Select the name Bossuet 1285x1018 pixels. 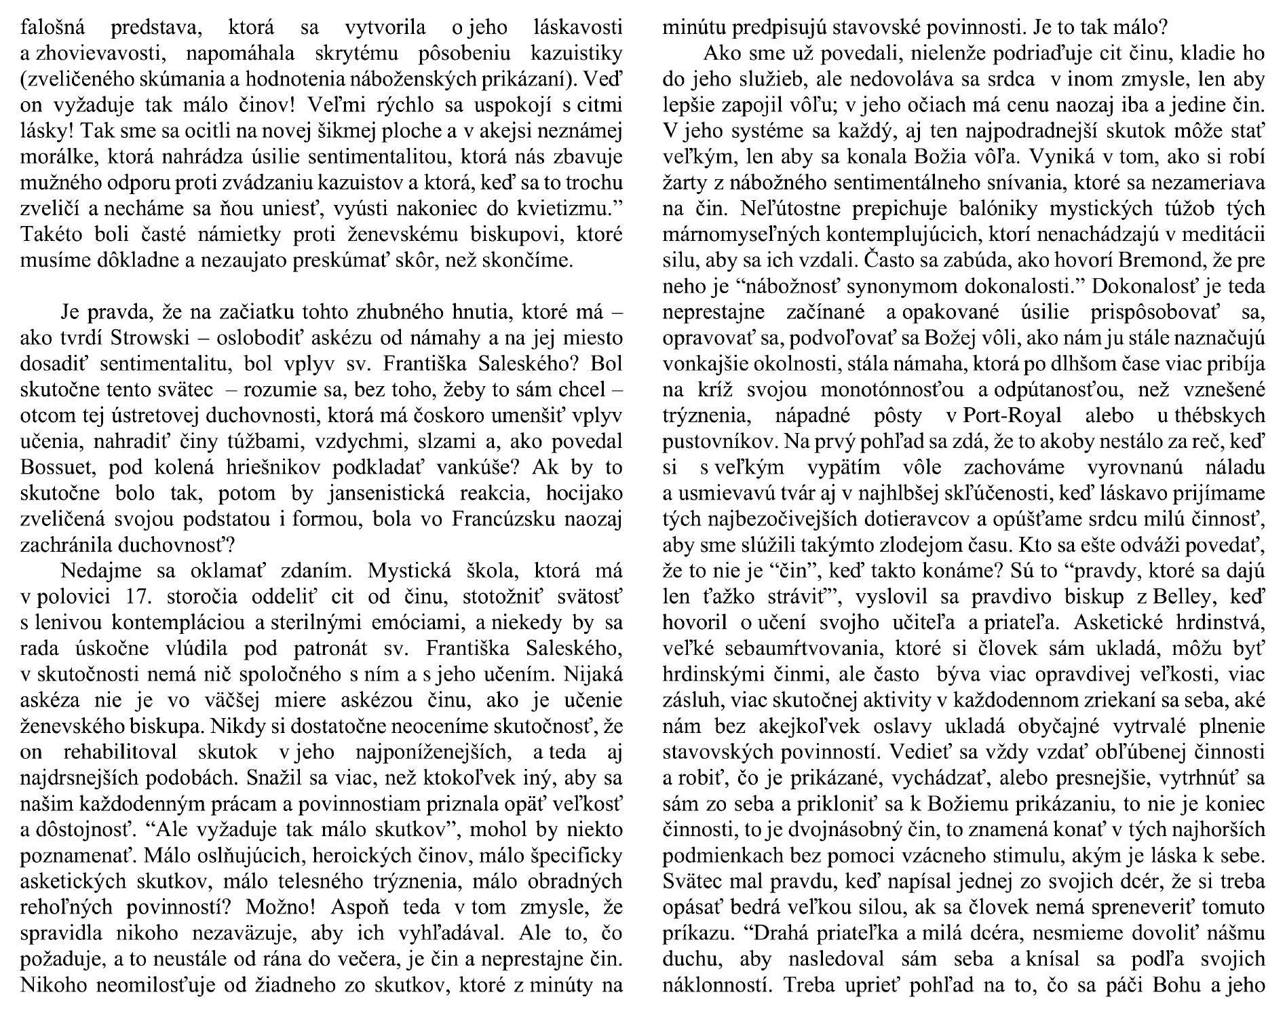[x=54, y=468]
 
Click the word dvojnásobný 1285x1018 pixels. [x=804, y=829]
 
